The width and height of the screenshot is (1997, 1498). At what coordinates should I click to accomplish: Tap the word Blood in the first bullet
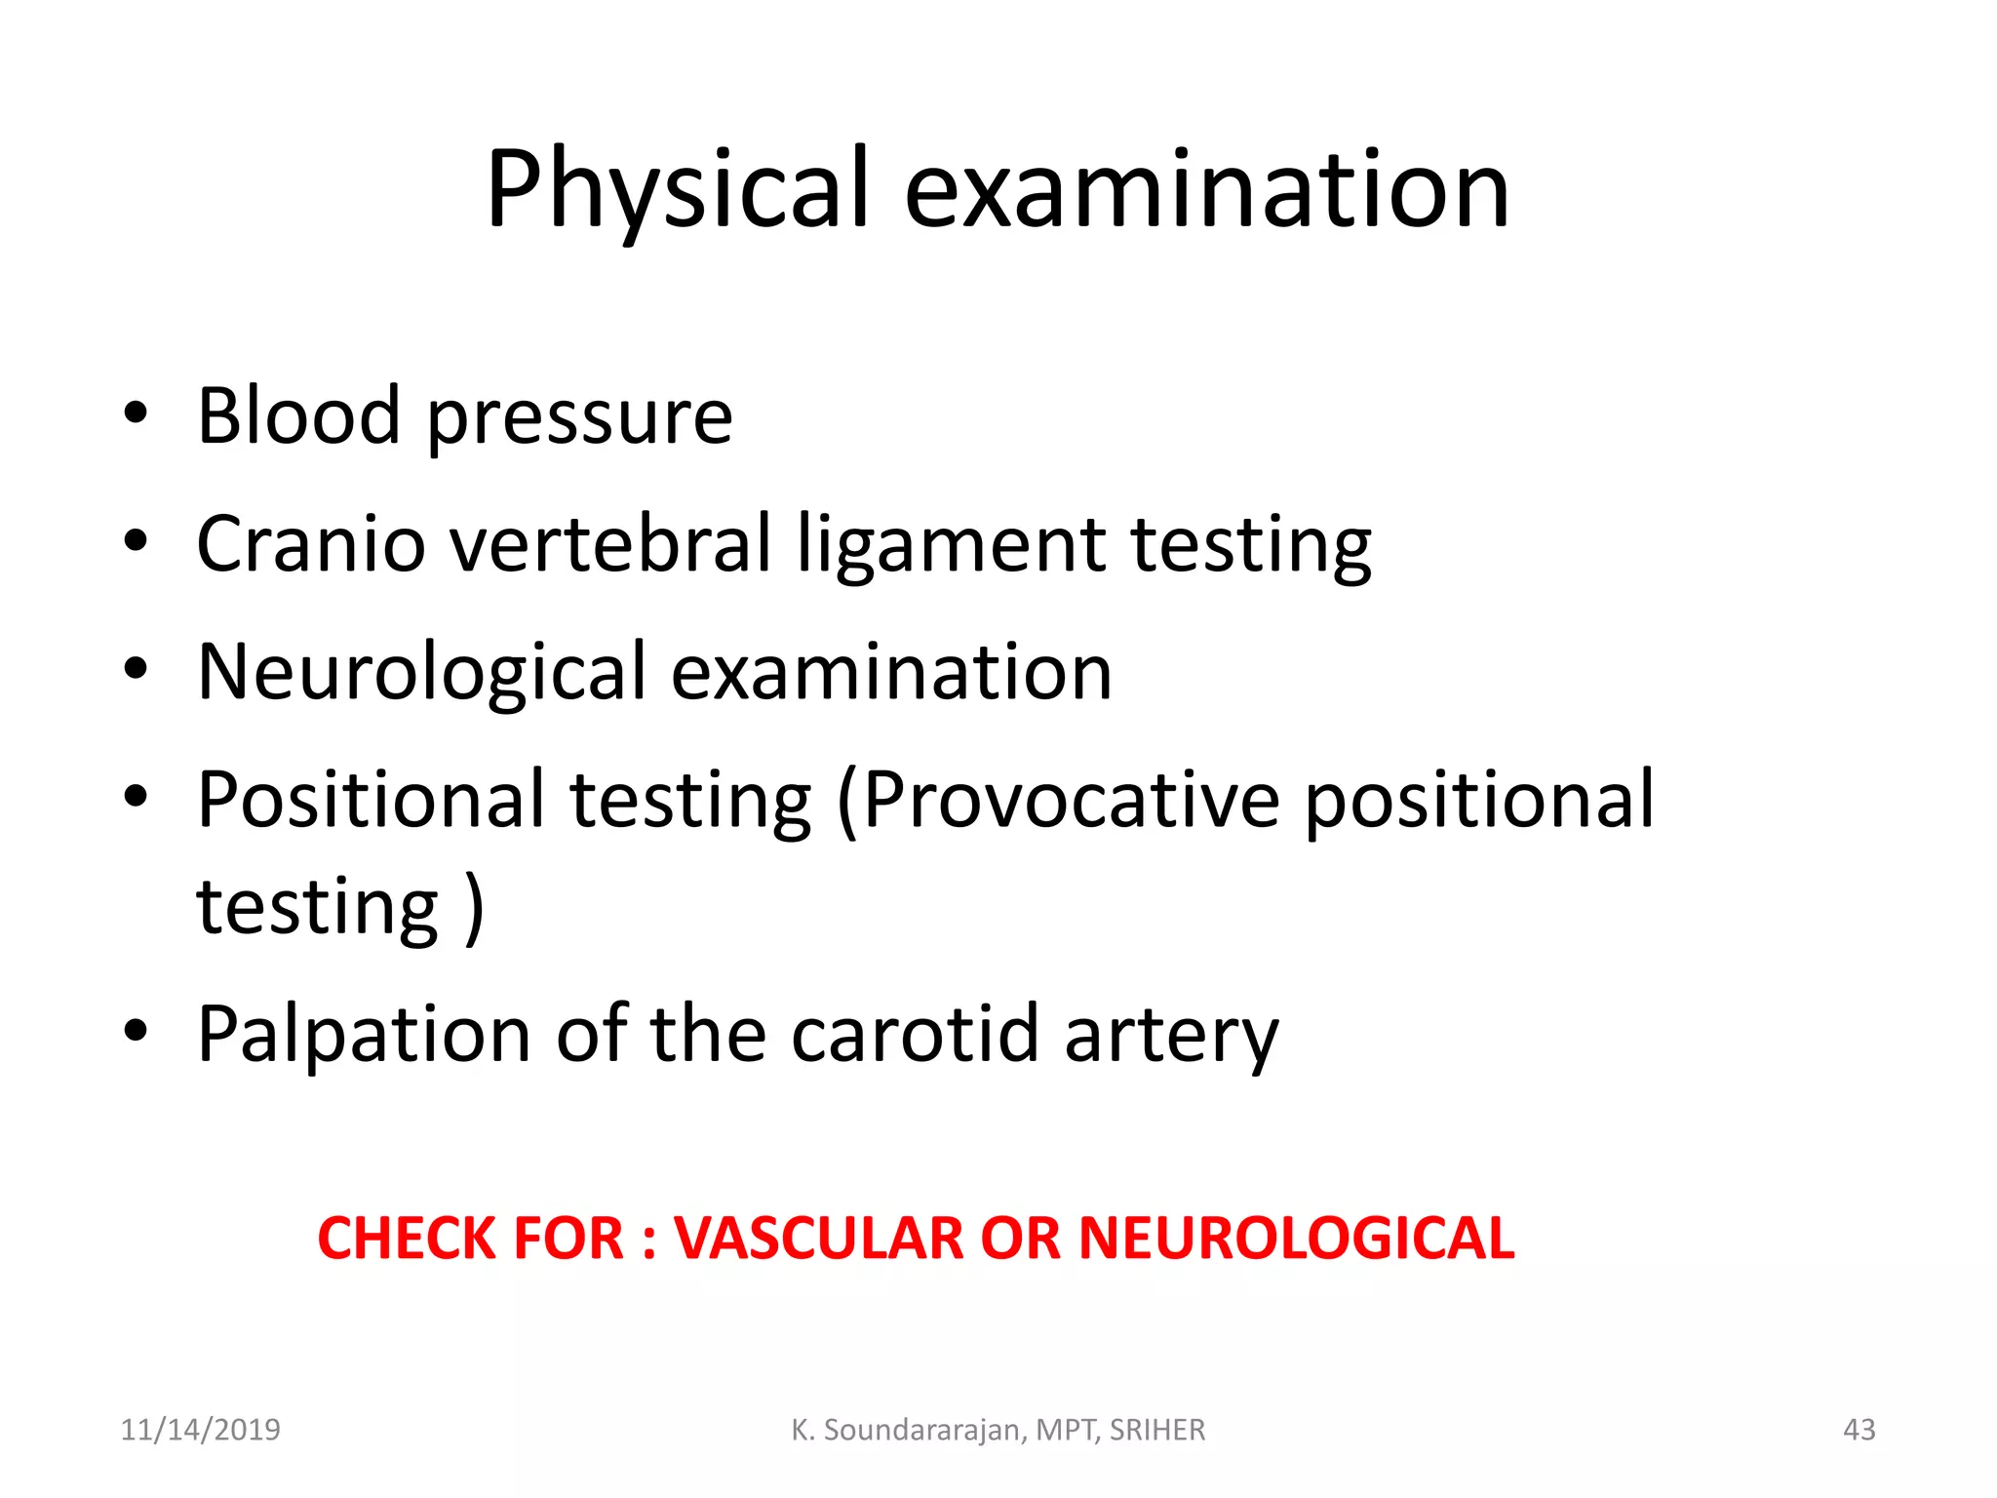(x=299, y=415)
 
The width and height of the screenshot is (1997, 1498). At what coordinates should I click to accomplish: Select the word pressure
(x=580, y=419)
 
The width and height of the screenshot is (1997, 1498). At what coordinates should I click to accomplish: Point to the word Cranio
(x=311, y=544)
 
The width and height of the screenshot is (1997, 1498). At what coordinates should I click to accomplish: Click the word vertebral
(x=611, y=544)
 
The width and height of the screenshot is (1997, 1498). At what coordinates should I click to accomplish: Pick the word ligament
(x=951, y=546)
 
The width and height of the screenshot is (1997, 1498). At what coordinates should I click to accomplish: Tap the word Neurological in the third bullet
(x=421, y=673)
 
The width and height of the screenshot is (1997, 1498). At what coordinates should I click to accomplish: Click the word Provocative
(x=1071, y=800)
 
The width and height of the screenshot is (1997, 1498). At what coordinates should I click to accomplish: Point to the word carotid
(x=915, y=1034)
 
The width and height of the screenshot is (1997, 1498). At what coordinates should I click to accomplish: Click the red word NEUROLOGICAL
(x=1296, y=1239)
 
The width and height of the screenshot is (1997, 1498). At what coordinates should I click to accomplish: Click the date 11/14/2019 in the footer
(x=200, y=1430)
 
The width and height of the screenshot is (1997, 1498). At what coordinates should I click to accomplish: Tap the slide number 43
(x=1859, y=1430)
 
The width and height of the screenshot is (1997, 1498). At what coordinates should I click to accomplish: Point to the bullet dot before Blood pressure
(x=137, y=414)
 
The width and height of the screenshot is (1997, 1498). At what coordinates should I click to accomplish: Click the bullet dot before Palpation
(x=137, y=1030)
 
